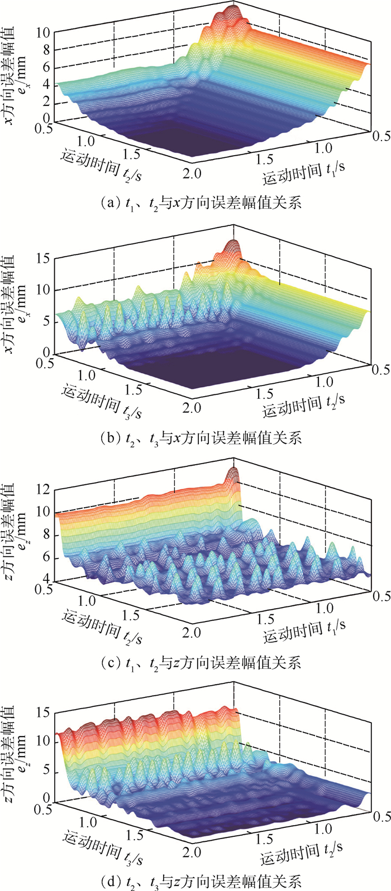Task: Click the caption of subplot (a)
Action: (195, 204)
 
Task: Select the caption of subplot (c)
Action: (195, 663)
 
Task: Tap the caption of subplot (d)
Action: (195, 882)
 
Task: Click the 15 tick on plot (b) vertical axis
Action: (43, 258)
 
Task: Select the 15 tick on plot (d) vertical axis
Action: (43, 712)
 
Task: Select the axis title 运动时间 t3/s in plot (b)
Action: (102, 403)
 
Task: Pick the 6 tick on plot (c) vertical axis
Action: (47, 557)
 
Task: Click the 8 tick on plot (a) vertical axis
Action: (47, 50)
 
